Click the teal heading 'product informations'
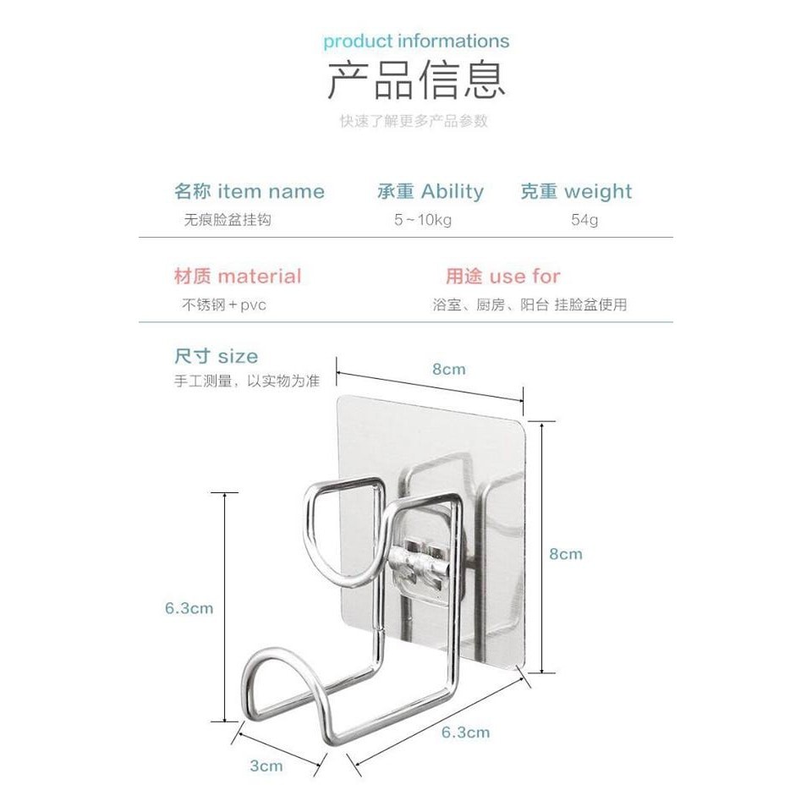(x=416, y=41)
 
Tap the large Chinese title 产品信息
(x=416, y=81)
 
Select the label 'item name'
(x=271, y=192)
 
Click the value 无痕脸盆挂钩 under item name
(x=228, y=220)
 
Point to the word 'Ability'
(x=453, y=192)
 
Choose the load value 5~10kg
(x=423, y=220)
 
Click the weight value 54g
(x=584, y=220)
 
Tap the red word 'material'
(x=259, y=277)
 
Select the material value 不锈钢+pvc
(x=224, y=304)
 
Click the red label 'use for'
(x=524, y=277)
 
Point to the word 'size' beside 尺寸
(x=238, y=356)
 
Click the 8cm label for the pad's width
(x=449, y=370)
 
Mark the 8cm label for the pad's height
(x=566, y=554)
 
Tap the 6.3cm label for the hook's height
(x=189, y=607)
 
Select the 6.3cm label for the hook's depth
(x=465, y=732)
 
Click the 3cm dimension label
(x=266, y=765)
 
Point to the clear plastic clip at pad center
(x=420, y=558)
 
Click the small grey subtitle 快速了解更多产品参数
(x=414, y=121)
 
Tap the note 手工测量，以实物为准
(x=247, y=381)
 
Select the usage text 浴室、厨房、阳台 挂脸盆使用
(x=529, y=304)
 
